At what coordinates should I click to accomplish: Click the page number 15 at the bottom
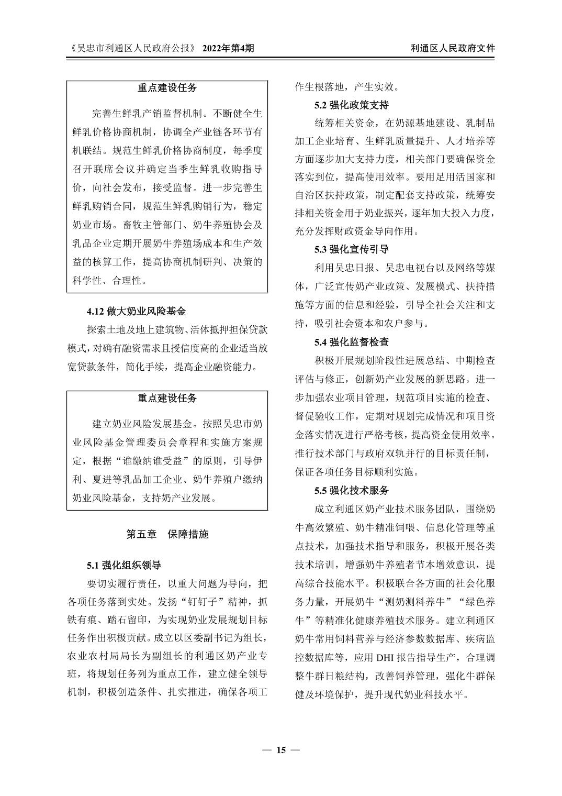tap(281, 750)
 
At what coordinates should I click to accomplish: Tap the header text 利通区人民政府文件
tap(453, 48)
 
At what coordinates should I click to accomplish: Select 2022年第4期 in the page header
tap(228, 48)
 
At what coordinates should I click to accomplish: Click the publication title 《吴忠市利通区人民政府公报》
tap(132, 48)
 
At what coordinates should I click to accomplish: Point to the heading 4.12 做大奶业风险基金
tap(136, 312)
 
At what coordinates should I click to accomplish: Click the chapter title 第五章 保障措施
tap(167, 534)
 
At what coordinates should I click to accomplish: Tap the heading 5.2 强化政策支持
tap(352, 105)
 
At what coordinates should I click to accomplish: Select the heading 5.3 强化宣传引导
tap(352, 249)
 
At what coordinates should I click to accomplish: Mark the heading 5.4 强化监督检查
tap(352, 342)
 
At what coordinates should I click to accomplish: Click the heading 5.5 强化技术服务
tap(352, 491)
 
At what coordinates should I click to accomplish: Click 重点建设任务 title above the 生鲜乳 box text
tap(167, 89)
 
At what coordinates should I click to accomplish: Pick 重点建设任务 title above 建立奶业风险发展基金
tap(167, 399)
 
